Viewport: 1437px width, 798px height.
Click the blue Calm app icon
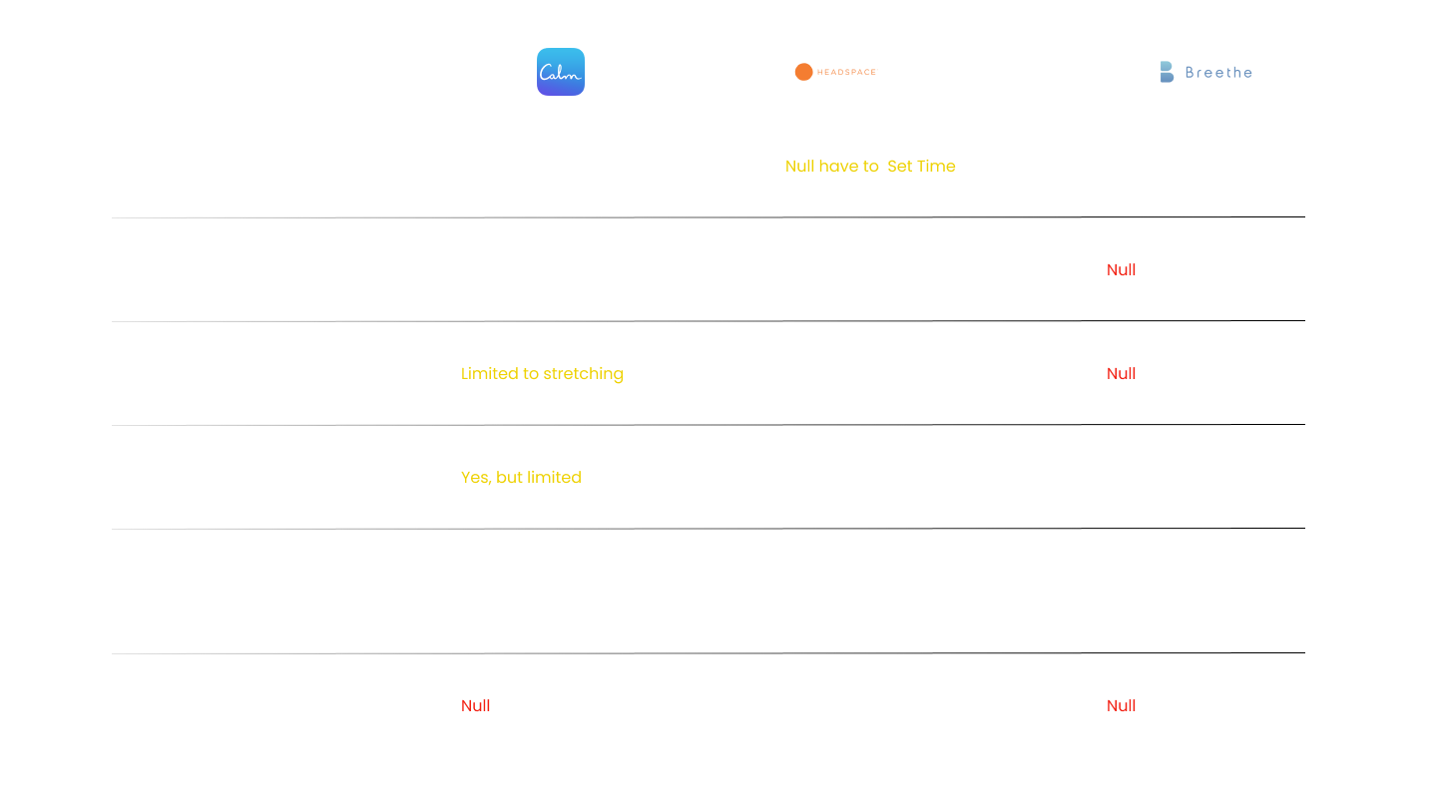tap(561, 72)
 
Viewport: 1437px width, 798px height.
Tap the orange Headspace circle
tap(804, 72)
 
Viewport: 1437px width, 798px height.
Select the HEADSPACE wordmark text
tap(846, 72)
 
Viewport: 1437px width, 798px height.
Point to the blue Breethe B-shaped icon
tap(1167, 72)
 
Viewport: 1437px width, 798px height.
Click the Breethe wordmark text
tap(1218, 73)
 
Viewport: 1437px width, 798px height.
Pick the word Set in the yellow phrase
tap(899, 167)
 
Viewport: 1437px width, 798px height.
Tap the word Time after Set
tap(936, 167)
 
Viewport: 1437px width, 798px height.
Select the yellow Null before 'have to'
tap(800, 167)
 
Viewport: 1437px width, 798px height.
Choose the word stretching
tap(583, 374)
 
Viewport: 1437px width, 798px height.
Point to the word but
tap(509, 477)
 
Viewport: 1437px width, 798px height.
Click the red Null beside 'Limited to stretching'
tap(1121, 373)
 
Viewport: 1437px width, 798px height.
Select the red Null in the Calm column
tap(475, 705)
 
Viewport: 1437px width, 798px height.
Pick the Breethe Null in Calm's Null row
tap(1121, 705)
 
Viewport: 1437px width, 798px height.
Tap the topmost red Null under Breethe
tap(1121, 270)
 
